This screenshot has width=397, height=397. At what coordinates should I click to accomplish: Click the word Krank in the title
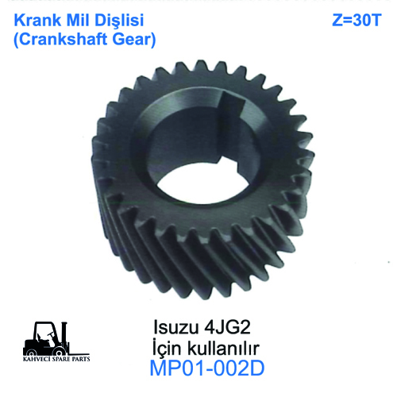point(32,18)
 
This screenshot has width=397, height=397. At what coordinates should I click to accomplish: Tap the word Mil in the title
point(76,18)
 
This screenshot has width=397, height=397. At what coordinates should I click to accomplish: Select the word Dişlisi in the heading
point(121,18)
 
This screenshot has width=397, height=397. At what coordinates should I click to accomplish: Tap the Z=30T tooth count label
point(355,19)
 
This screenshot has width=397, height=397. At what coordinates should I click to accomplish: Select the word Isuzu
point(171,327)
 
